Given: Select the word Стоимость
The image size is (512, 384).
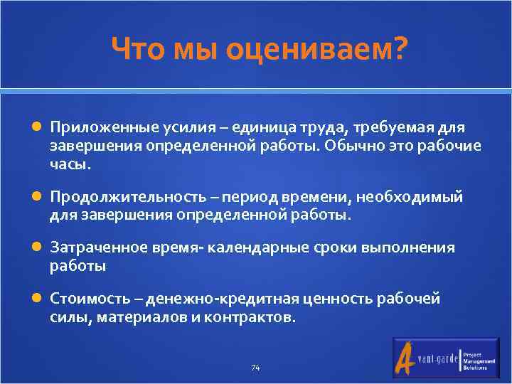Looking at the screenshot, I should (85, 299).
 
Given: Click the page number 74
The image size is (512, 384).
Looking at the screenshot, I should (256, 368).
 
